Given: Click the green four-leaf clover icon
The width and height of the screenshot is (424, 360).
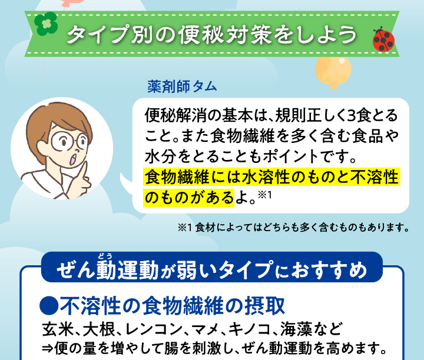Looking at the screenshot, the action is click(46, 24).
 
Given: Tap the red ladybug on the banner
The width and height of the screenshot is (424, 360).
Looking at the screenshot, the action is click(383, 39).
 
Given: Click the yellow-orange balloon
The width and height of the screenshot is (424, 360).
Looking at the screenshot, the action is click(333, 71).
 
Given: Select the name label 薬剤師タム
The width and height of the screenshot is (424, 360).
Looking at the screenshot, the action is click(182, 86).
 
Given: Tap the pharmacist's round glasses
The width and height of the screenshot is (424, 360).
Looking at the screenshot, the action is click(69, 141).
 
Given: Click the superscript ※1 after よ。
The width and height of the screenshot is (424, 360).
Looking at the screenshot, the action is click(264, 195).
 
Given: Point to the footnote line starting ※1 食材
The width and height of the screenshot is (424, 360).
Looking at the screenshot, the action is click(293, 228).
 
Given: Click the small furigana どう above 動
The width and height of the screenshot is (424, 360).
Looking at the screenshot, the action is click(105, 255).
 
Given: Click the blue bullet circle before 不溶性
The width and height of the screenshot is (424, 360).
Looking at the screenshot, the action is click(49, 306).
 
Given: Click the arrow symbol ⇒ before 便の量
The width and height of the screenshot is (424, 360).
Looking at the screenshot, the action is click(47, 349).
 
